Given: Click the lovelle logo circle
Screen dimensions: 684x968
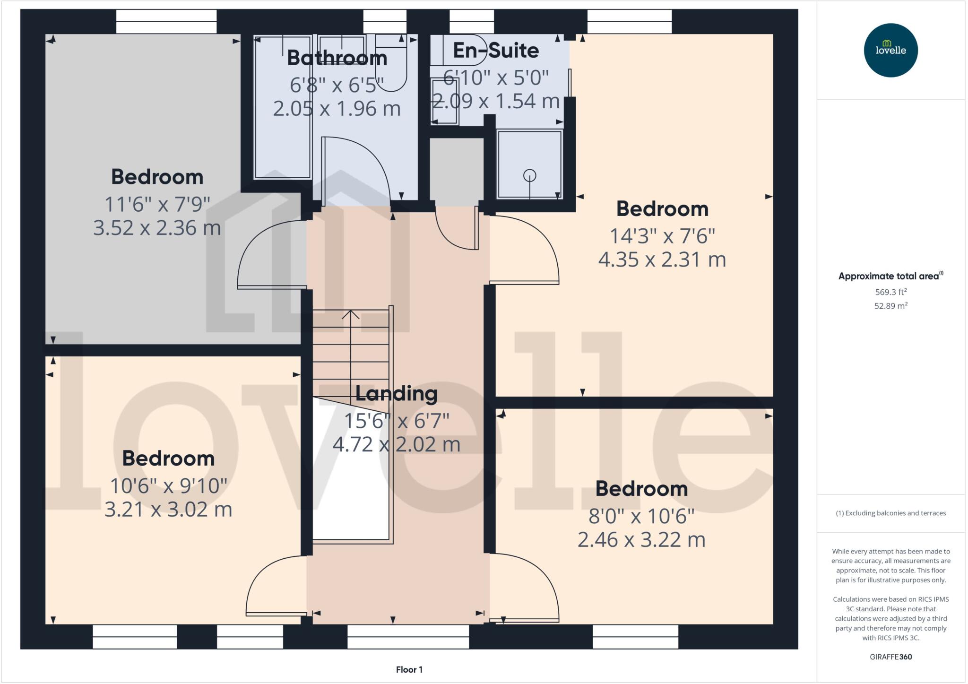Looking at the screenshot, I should [x=890, y=50].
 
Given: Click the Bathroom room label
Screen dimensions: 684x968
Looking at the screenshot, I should [x=337, y=58].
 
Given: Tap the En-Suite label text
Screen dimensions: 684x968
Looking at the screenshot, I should [x=496, y=51].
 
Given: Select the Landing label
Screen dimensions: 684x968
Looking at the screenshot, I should [x=396, y=393].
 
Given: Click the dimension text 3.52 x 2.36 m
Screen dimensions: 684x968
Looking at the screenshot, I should [x=157, y=228].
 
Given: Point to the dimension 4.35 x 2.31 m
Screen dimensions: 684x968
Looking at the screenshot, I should [x=662, y=260].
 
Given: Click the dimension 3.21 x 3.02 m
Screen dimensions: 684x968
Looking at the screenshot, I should [x=168, y=510].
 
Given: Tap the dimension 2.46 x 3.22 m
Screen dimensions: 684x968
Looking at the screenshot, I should [x=641, y=540].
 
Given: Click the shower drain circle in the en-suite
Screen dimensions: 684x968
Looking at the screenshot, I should [x=529, y=175].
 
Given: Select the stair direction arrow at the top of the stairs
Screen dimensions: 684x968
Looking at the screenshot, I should [x=350, y=314].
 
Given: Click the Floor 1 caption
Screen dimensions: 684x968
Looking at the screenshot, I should [x=409, y=669].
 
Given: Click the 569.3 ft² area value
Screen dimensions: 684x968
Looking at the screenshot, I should [x=890, y=292].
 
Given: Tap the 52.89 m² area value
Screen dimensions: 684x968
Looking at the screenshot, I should [x=890, y=306].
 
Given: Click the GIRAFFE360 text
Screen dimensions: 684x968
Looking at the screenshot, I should [x=890, y=657].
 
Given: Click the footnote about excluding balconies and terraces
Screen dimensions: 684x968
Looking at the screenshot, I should [x=890, y=513].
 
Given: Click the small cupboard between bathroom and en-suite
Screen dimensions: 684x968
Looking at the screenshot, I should [x=456, y=171].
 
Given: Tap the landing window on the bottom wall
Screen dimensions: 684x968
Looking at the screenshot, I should [x=408, y=637].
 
